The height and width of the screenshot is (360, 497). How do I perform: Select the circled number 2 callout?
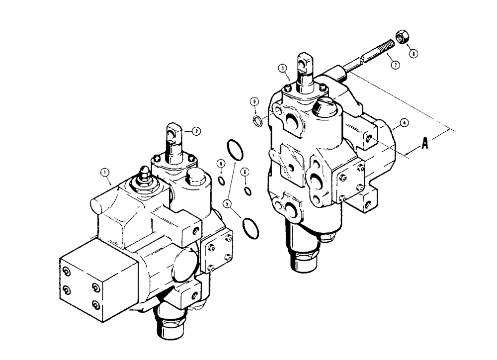pyautogui.click(x=196, y=131)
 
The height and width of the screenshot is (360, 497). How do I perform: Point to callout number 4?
pyautogui.click(x=405, y=121)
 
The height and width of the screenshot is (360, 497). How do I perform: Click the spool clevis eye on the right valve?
pyautogui.click(x=305, y=63)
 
